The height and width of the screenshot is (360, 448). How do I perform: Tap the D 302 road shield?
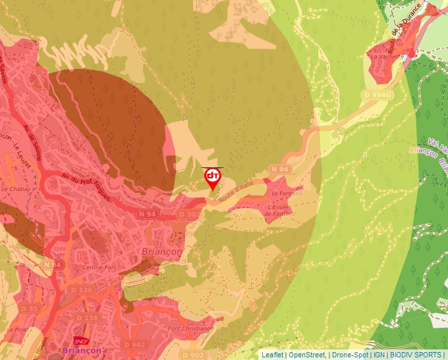tap(189, 215)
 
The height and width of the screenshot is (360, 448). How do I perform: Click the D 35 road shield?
tap(30, 308)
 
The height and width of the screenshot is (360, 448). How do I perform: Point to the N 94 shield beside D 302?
tap(147, 214)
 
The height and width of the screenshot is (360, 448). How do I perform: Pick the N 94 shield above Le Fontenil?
tap(279, 170)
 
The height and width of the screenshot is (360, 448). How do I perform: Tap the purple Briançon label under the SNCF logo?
tap(82, 351)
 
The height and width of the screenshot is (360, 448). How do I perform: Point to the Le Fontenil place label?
tap(286, 193)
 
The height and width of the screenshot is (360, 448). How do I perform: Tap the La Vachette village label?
tap(387, 57)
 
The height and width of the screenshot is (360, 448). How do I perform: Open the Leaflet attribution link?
tap(272, 355)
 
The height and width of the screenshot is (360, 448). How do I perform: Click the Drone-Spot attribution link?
tap(350, 355)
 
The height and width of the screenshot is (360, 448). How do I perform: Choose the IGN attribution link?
tap(378, 355)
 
